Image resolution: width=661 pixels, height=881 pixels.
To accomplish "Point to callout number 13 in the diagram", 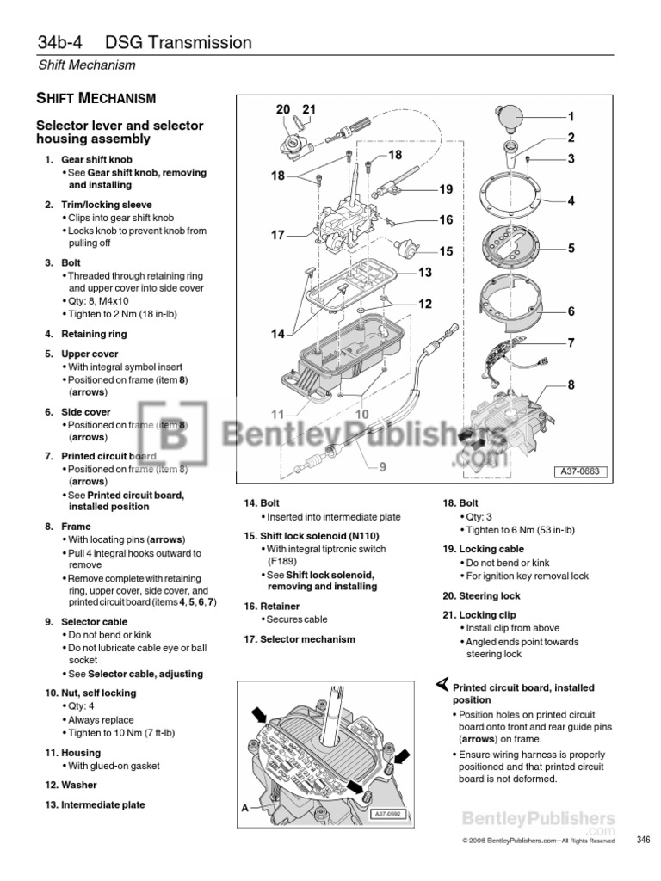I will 423,273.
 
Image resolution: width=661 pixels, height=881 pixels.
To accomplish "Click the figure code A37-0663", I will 581,471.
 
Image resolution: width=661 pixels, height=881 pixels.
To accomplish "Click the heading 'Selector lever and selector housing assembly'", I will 119,132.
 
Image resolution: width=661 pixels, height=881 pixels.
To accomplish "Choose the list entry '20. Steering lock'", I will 481,595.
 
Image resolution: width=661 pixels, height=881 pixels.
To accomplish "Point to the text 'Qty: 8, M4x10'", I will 101,302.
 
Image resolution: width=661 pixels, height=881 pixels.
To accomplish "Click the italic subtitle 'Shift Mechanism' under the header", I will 86,65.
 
